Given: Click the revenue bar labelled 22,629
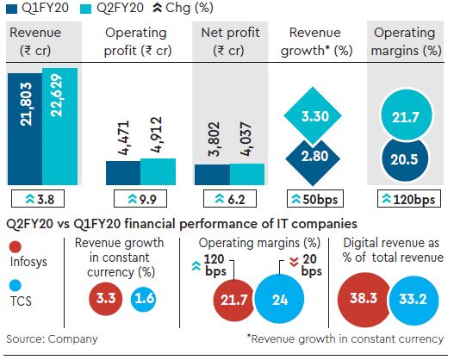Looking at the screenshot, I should (60, 125).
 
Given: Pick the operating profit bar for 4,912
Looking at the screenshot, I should (158, 171).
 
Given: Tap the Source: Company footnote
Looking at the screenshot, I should (51, 339).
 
